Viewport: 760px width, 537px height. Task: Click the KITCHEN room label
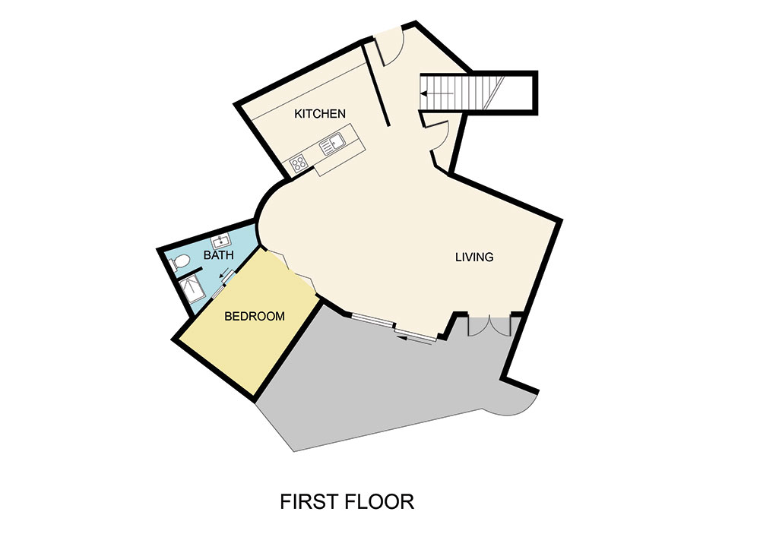(x=320, y=114)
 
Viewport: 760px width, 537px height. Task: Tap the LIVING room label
(x=474, y=257)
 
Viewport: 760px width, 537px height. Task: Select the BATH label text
(x=218, y=256)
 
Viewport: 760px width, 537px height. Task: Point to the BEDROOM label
(x=255, y=316)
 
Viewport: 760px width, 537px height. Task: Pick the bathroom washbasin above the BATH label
(x=220, y=242)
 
